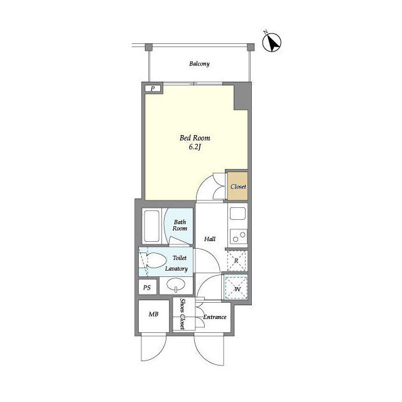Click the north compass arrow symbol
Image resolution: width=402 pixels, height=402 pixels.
coord(272,42)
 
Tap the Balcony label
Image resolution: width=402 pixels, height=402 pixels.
coord(199,63)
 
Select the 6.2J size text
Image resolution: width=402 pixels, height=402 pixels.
coord(195,147)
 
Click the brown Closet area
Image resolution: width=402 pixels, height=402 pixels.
coord(238,186)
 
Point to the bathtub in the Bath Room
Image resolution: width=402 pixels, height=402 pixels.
coord(151,226)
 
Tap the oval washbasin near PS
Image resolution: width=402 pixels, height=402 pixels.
coord(176,285)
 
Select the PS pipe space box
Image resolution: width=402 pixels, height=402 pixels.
coord(148,287)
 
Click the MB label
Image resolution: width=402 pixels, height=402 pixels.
coord(153,314)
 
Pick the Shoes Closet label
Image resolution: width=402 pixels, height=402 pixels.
coord(182,314)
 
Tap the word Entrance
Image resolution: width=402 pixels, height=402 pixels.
coord(215,317)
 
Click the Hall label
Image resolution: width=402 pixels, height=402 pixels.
coord(210,239)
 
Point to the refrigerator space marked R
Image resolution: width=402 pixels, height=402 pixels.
coord(236,261)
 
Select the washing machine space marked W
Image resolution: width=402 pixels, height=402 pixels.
coord(236,287)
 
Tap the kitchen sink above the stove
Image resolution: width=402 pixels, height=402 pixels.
coord(237,214)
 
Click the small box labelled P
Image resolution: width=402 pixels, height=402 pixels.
coord(153,89)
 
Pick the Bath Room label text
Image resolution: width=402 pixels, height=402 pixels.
coord(180,225)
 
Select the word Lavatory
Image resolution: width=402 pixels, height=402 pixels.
coord(177,269)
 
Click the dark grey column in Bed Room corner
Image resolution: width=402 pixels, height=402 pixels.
coord(241,96)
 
